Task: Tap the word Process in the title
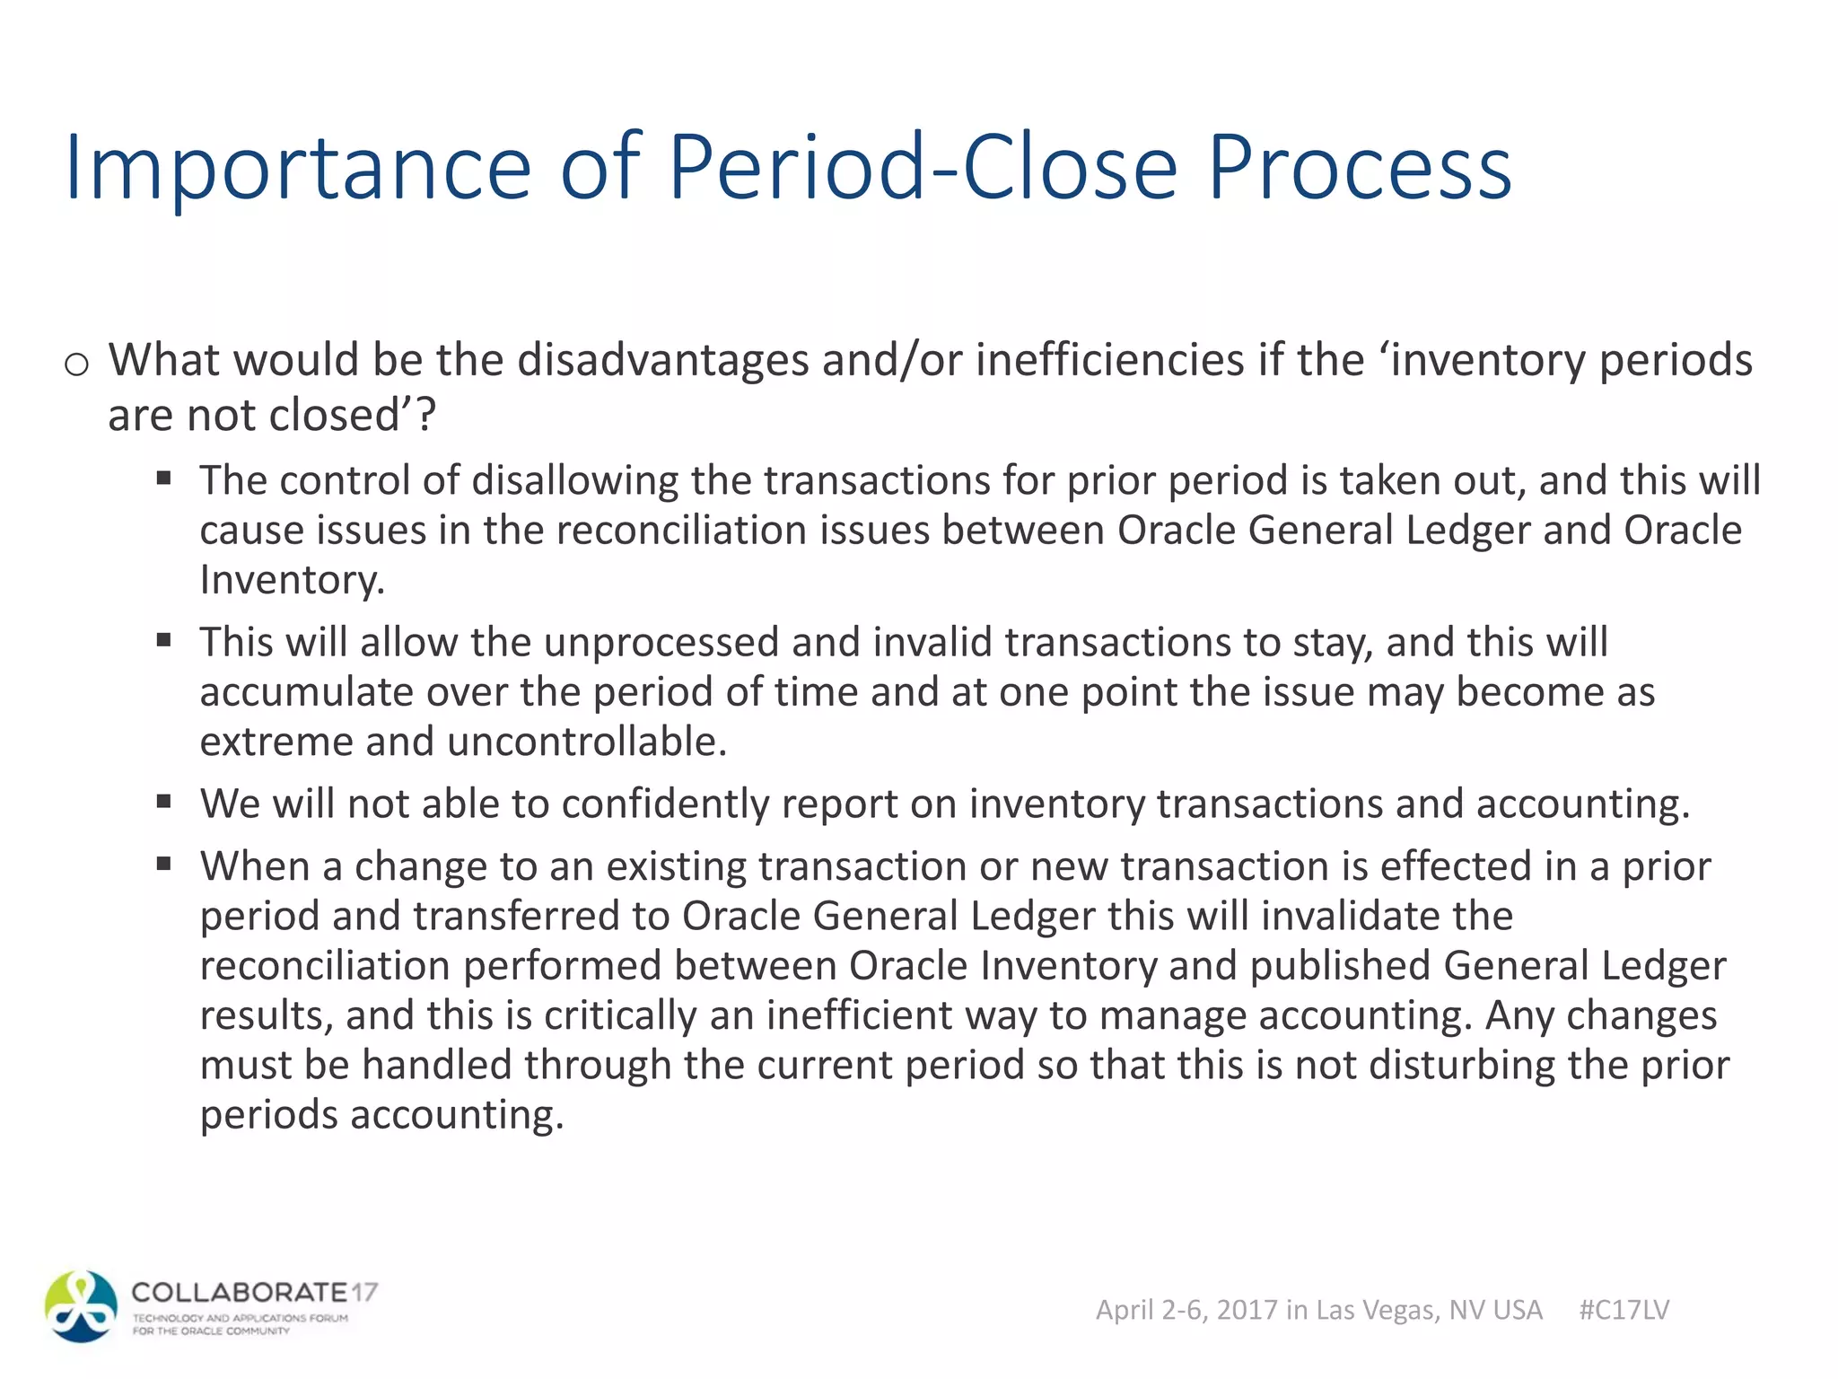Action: tap(1360, 167)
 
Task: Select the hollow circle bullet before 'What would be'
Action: tap(76, 364)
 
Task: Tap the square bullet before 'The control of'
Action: tap(163, 478)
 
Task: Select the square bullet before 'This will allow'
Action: tap(163, 640)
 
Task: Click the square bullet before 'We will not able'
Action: tap(163, 802)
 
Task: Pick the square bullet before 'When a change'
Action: tap(163, 865)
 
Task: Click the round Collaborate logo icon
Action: tap(82, 1306)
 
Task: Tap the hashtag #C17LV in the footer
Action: tap(1624, 1310)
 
